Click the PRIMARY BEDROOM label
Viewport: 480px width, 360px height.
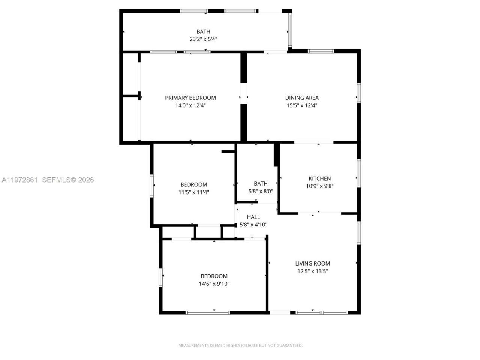(190, 98)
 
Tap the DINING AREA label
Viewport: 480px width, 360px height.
(302, 98)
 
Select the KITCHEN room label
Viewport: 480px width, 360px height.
(319, 178)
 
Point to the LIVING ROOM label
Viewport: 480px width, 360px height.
(312, 264)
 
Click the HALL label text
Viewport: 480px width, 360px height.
(253, 217)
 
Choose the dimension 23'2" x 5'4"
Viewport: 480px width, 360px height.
(203, 39)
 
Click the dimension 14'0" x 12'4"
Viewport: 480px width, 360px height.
(190, 105)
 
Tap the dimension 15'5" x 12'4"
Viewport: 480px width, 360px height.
(302, 105)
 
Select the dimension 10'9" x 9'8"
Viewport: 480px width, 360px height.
(319, 186)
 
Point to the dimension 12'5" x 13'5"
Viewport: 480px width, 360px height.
(312, 271)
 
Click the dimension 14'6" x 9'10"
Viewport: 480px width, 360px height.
(214, 284)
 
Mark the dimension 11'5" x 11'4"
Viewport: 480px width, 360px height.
(193, 192)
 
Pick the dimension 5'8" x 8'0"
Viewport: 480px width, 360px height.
(261, 191)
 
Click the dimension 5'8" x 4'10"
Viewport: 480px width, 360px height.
(253, 225)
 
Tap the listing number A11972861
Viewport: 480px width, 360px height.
(19, 180)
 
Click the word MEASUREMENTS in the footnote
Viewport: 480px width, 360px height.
(193, 345)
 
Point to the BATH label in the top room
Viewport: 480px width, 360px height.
(203, 31)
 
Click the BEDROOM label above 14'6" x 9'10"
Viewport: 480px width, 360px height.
(214, 276)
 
